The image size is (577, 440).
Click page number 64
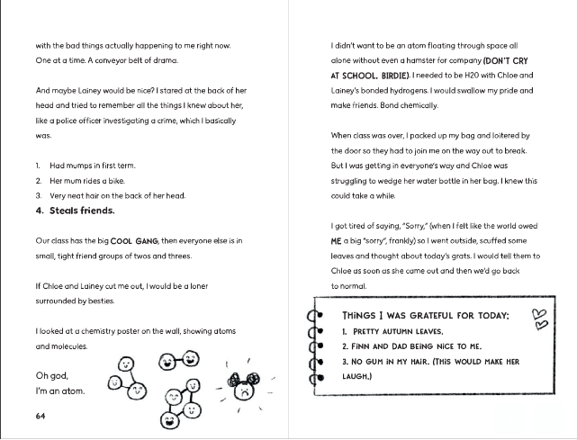pos(41,416)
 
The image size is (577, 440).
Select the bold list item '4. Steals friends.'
pos(76,211)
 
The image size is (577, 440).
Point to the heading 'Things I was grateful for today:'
pos(426,316)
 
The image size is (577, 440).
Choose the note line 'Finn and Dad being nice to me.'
pos(413,346)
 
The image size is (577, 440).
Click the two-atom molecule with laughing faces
pos(176,361)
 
